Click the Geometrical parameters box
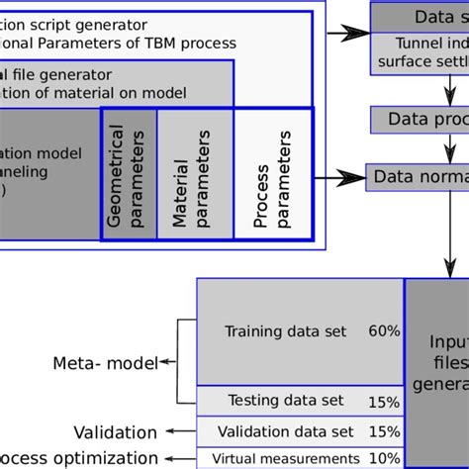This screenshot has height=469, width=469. pyautogui.click(x=129, y=174)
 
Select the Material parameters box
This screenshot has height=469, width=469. pyautogui.click(x=194, y=174)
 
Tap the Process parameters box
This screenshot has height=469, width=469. pyautogui.click(x=273, y=174)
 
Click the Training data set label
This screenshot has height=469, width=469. pyautogui.click(x=286, y=331)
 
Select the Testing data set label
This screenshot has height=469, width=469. pyautogui.click(x=286, y=400)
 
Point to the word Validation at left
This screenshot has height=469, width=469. pyautogui.click(x=115, y=432)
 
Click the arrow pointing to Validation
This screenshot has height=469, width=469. pyautogui.click(x=178, y=432)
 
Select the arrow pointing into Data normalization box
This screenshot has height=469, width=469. pyautogui.click(x=342, y=178)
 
